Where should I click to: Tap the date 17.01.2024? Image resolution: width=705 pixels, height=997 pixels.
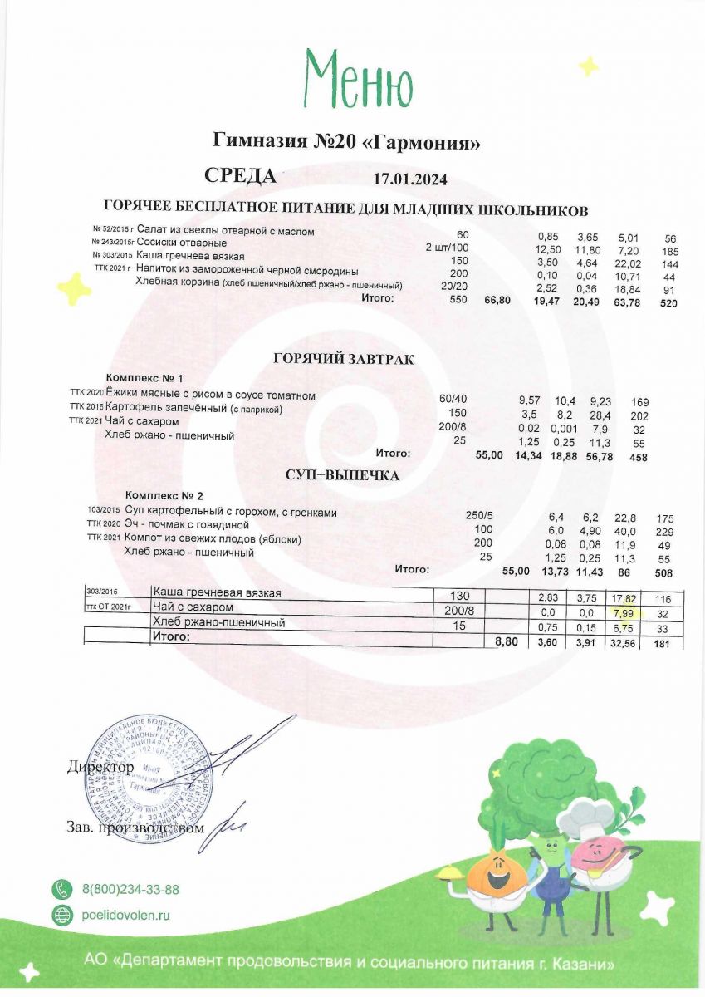point(410,179)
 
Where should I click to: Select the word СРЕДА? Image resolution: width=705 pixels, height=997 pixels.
point(240,176)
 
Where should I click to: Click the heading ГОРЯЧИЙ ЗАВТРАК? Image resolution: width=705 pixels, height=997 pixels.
point(343,359)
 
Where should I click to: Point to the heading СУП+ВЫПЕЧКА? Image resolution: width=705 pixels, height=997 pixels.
point(343,476)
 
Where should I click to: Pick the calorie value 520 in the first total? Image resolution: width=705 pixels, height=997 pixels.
point(668,304)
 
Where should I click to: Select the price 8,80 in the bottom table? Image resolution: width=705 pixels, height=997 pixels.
point(505,642)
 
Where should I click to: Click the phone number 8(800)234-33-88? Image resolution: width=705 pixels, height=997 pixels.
point(130,890)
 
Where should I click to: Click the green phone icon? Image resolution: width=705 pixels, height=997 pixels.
point(61,890)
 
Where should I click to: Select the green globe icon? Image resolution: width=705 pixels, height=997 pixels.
point(61,916)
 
